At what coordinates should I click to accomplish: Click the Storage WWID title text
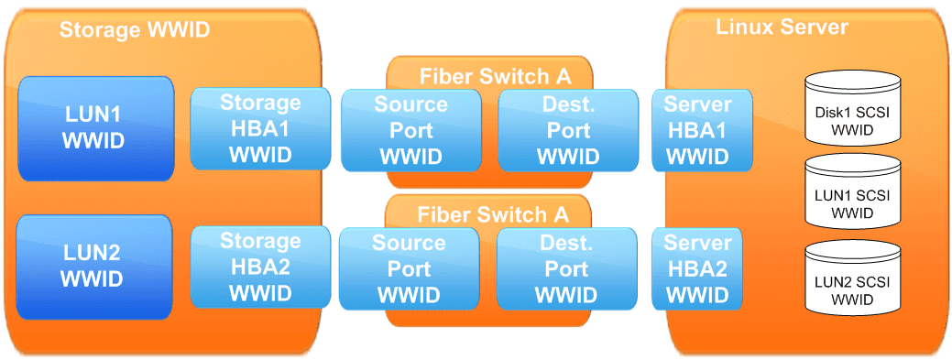pos(135,29)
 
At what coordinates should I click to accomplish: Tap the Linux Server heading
pos(782,27)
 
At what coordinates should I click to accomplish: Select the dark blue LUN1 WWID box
pos(95,128)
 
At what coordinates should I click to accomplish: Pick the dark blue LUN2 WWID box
pos(95,267)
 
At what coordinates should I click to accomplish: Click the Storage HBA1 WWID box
pos(260,129)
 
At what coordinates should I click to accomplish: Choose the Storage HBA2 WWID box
pos(260,267)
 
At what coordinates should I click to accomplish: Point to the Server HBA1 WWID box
pos(697,129)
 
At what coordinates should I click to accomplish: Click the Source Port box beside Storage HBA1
pos(410,130)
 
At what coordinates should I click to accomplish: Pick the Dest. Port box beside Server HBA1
pos(568,130)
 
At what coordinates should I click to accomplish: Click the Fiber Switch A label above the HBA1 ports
pos(494,75)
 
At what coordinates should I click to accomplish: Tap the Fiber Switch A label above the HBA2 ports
pos(493,214)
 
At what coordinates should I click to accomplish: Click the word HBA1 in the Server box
pos(697,130)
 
